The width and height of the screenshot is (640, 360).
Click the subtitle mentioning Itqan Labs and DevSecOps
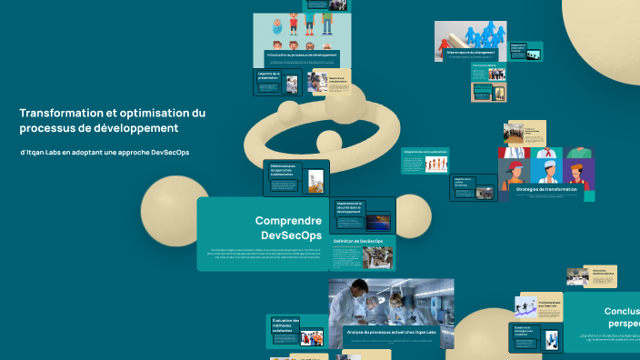(105, 152)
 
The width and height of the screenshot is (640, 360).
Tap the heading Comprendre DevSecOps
(288, 228)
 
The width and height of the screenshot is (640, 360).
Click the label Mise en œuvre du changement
(470, 53)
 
